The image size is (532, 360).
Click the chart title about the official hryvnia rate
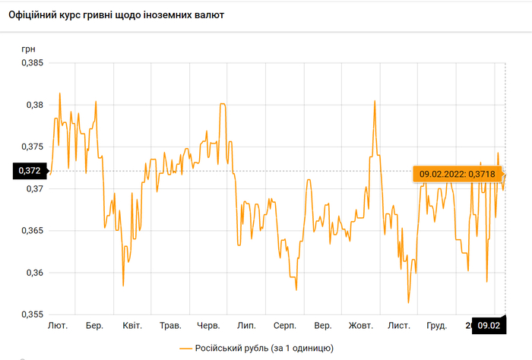(x=116, y=15)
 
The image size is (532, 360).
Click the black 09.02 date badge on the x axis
(x=488, y=325)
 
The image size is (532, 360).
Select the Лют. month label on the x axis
(x=58, y=326)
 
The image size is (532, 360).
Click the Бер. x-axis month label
(x=95, y=326)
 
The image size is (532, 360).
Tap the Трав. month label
(x=170, y=326)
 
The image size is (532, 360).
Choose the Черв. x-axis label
(x=208, y=326)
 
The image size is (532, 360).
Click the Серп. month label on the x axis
(x=285, y=326)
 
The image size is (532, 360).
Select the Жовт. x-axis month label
(x=361, y=326)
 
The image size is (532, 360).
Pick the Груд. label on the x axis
(x=437, y=326)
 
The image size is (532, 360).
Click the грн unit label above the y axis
(x=28, y=49)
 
